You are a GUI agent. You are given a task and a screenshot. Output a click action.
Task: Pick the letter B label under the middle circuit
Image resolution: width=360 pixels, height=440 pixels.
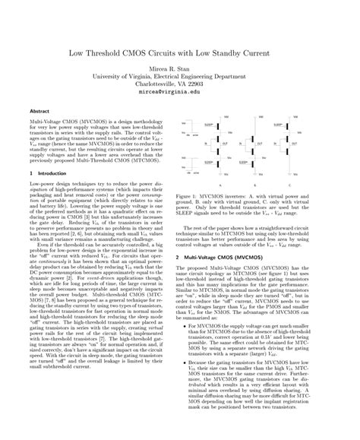point(264,185)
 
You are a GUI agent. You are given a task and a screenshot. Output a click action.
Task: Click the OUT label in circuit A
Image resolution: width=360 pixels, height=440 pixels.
point(226,142)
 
